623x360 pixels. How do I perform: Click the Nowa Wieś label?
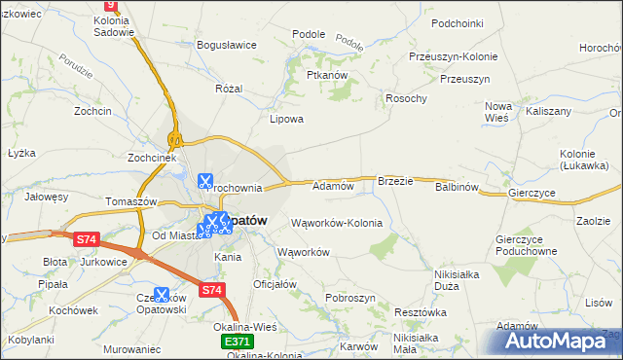tap(498, 111)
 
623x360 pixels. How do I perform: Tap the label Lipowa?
tap(287, 120)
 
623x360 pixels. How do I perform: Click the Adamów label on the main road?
tap(332, 185)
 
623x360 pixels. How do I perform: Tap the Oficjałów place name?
tap(274, 284)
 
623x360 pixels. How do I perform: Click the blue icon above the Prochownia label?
tap(205, 180)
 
